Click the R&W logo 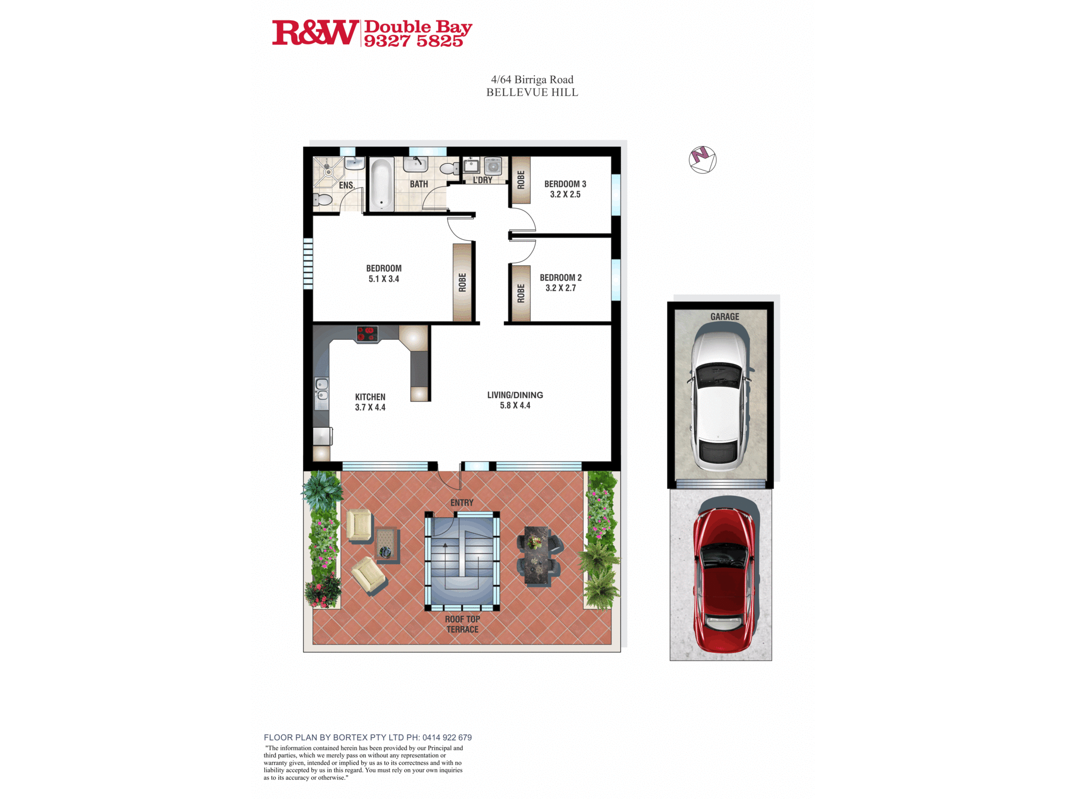tap(316, 32)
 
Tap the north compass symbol tap(702, 159)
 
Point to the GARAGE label tap(724, 316)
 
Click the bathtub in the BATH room tap(381, 184)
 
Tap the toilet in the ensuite tap(322, 200)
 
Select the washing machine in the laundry tap(493, 166)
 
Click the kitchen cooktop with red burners tap(367, 334)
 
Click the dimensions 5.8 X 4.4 tap(515, 405)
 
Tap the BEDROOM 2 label tap(561, 278)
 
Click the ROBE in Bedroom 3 tap(521, 180)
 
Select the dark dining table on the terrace tap(538, 556)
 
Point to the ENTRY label tap(462, 502)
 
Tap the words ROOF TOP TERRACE tap(462, 624)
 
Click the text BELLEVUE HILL tap(532, 92)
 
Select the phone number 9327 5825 tap(414, 41)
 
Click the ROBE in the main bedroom tap(462, 282)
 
